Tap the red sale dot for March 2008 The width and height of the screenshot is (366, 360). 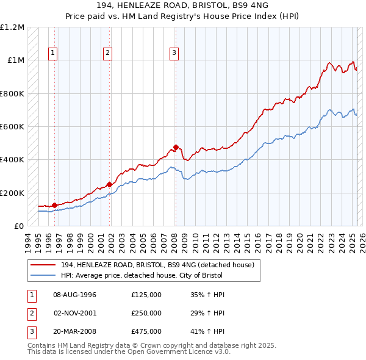tap(176, 147)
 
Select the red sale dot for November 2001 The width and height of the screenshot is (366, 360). tap(110, 184)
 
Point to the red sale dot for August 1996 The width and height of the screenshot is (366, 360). tap(55, 205)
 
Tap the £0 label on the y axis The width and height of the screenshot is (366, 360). tap(19, 226)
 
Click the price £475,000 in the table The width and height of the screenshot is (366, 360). tap(146, 333)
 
